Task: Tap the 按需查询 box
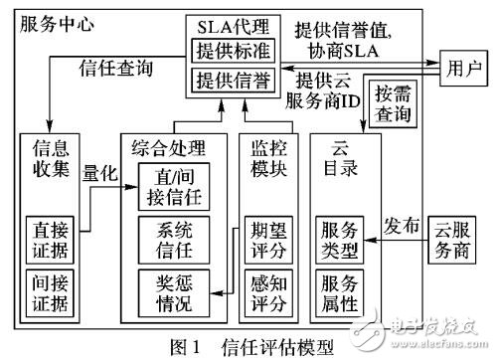pos(392,104)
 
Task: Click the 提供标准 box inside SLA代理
pos(236,48)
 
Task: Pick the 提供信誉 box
pos(236,80)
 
